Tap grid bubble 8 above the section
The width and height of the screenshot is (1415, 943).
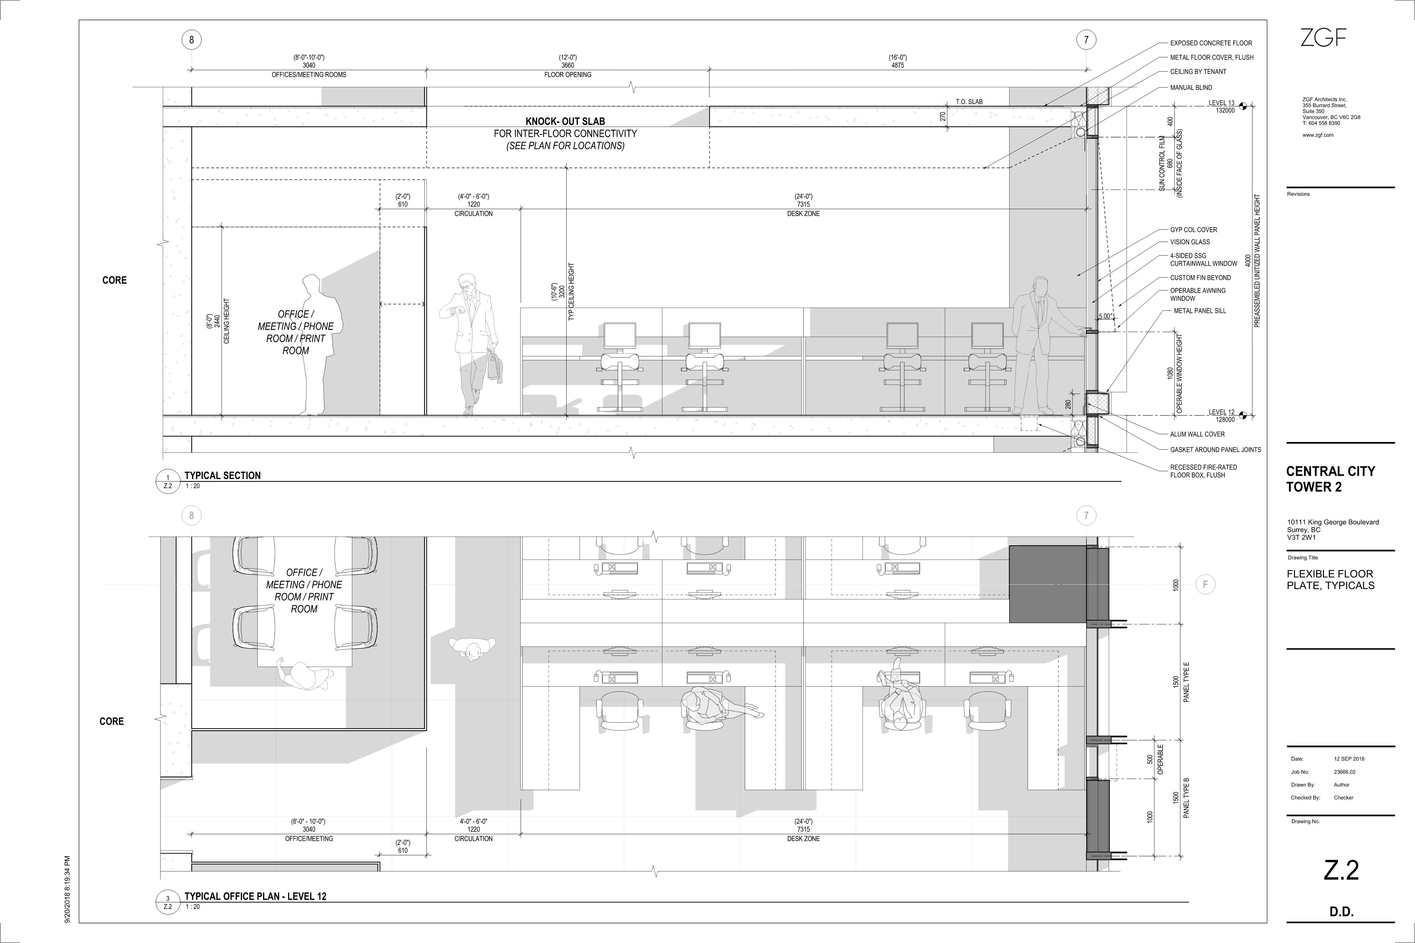[x=191, y=40]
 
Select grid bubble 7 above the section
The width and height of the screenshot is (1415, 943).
[x=1086, y=40]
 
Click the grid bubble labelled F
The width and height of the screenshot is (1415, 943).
[x=1205, y=584]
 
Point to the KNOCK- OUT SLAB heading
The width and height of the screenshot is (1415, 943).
[x=565, y=121]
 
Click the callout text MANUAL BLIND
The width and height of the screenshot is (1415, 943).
[x=1191, y=88]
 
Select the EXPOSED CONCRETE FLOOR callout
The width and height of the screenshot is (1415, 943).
[x=1211, y=43]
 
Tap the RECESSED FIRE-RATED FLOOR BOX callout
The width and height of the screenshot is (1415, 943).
[x=1203, y=471]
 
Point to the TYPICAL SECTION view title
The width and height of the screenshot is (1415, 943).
[x=223, y=475]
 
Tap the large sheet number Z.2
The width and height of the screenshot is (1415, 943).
[x=1341, y=870]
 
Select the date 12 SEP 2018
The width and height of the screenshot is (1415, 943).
[x=1349, y=759]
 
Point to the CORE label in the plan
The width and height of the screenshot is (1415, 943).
[x=111, y=721]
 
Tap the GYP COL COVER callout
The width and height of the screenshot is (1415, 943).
[x=1194, y=230]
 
